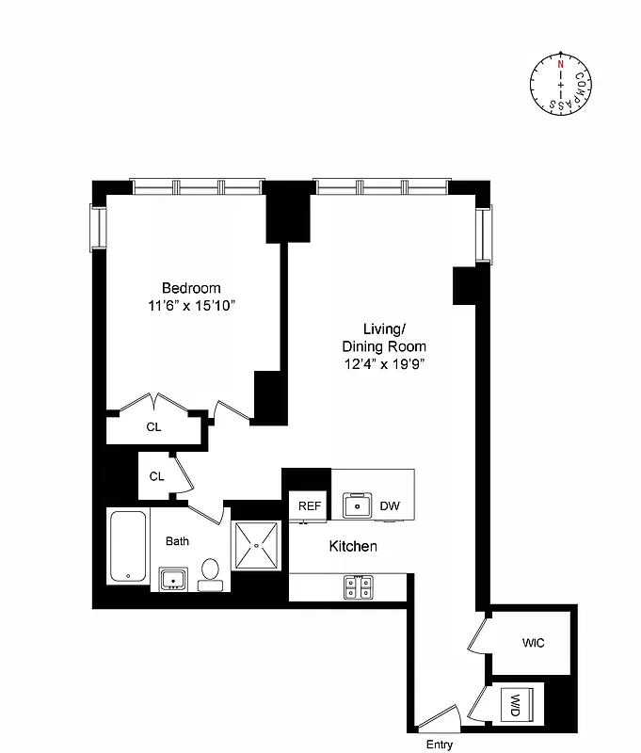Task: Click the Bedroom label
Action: point(191,288)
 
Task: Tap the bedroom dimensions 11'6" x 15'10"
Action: point(191,305)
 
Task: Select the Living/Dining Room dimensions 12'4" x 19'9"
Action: point(385,363)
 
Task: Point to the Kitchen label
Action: point(353,546)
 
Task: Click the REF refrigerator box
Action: point(310,506)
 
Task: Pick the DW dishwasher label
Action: point(390,506)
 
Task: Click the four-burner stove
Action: point(358,586)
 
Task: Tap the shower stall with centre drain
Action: point(258,545)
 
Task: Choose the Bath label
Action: point(178,541)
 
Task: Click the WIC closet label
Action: point(534,643)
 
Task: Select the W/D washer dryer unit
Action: point(516,703)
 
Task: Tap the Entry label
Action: point(440,745)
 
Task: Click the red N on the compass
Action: point(561,65)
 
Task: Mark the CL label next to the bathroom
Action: point(156,476)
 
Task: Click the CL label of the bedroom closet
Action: point(153,426)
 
